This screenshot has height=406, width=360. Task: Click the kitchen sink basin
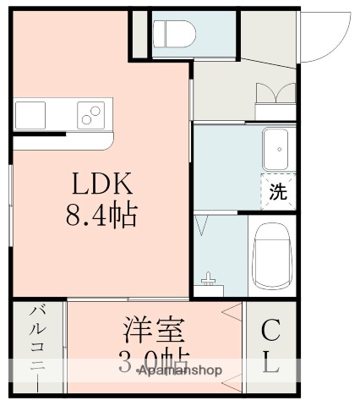[30, 112]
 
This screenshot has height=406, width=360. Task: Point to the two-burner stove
[91, 112]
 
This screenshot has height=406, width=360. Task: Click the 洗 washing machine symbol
[278, 191]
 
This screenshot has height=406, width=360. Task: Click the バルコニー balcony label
[38, 347]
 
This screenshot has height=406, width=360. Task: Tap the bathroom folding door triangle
[202, 226]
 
